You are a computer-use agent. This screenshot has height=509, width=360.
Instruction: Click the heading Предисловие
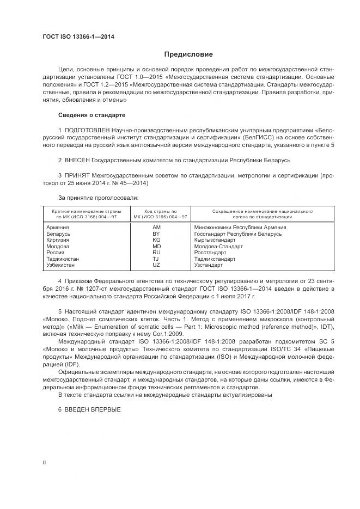(189, 54)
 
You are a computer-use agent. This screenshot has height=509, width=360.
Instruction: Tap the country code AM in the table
(156, 227)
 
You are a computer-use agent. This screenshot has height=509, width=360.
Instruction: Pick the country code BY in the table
(156, 234)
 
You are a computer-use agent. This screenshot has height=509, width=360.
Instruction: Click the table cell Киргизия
(58, 240)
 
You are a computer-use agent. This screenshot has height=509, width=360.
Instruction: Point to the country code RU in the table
(156, 253)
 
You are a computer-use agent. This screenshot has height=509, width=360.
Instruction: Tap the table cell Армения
(58, 227)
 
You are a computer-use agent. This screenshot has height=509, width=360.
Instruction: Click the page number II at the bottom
(44, 462)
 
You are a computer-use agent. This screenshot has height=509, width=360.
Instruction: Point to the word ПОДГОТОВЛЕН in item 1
(87, 132)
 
